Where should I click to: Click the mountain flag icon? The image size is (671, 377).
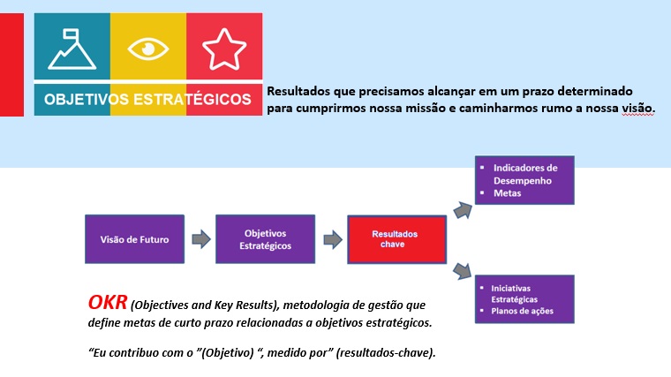(x=72, y=49)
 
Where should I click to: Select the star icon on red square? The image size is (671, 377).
(x=223, y=49)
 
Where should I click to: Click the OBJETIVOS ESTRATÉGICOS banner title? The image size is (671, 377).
(x=147, y=99)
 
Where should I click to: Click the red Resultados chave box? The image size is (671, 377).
(x=394, y=239)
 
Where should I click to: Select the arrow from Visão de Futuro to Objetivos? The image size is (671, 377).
(x=200, y=239)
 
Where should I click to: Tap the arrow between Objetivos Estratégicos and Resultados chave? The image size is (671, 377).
(x=332, y=239)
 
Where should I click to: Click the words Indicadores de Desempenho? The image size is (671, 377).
(x=525, y=173)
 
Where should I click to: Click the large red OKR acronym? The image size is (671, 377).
(x=107, y=303)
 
